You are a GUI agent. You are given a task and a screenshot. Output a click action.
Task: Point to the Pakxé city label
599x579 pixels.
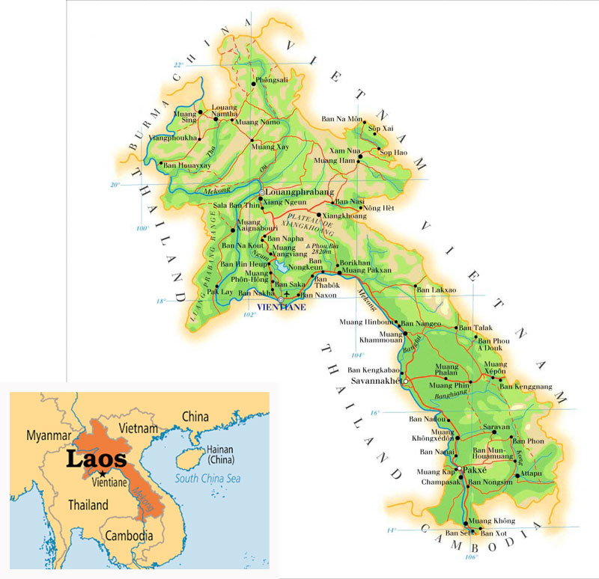[x=477, y=471]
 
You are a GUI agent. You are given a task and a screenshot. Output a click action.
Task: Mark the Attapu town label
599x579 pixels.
[x=532, y=474]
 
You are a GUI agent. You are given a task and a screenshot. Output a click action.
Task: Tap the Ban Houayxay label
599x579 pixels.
[x=184, y=165]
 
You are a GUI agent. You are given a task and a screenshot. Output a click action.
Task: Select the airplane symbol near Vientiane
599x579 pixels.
[x=286, y=294]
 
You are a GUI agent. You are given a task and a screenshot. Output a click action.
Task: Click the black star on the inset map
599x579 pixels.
[x=101, y=474]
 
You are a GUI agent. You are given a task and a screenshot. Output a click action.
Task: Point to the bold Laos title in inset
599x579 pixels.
[x=96, y=458]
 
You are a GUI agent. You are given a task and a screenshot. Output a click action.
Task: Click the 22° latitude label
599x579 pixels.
[x=178, y=65]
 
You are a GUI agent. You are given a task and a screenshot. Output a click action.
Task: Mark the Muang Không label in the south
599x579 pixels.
[x=495, y=520]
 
